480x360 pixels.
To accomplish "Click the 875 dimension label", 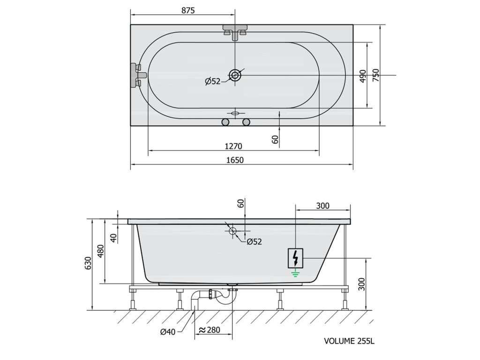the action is (188, 10).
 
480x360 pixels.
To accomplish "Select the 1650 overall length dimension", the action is (235, 160).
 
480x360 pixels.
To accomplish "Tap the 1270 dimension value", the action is (233, 146).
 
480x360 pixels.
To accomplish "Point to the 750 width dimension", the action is (376, 75).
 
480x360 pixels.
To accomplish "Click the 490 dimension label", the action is (363, 76).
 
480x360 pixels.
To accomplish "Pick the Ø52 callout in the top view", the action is (213, 82).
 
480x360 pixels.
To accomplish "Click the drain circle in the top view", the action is (235, 75).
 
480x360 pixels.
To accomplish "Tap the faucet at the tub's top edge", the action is (235, 32).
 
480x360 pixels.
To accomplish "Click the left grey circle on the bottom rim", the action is (225, 122).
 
